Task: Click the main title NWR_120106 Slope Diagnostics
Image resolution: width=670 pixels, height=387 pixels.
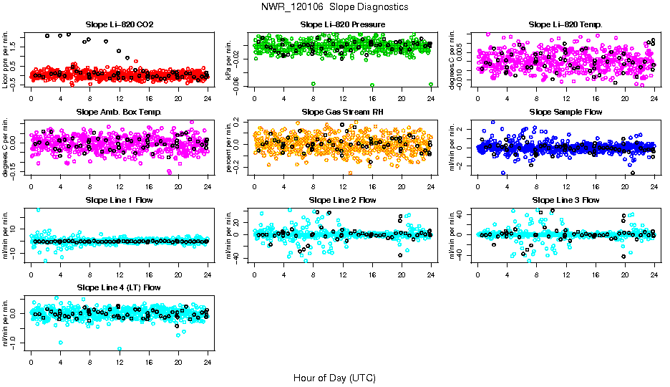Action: (335, 6)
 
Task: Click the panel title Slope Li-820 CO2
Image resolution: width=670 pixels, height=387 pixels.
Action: (119, 24)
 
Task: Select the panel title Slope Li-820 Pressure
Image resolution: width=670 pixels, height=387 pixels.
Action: (343, 24)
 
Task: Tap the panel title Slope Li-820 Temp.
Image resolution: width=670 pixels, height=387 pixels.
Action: (565, 24)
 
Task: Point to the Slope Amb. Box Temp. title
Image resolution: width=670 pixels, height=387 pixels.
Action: (119, 113)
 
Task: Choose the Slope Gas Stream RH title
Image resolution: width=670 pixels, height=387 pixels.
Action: (343, 113)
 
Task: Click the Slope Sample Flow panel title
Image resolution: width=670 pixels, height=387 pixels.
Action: (565, 113)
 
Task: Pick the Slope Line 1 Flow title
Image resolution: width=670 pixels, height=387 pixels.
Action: (119, 200)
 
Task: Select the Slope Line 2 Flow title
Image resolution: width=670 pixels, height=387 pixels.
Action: (343, 200)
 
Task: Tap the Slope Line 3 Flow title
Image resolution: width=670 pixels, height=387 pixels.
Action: (565, 200)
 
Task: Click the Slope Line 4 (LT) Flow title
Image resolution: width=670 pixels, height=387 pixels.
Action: (119, 288)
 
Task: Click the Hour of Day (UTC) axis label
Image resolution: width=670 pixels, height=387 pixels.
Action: (334, 378)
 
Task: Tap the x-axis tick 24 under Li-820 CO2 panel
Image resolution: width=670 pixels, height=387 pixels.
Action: (208, 98)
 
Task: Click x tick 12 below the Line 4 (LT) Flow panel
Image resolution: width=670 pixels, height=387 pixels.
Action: (119, 362)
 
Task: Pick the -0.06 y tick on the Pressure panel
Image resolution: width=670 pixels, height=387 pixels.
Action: (240, 85)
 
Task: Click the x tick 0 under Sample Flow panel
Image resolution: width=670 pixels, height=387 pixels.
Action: (477, 186)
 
